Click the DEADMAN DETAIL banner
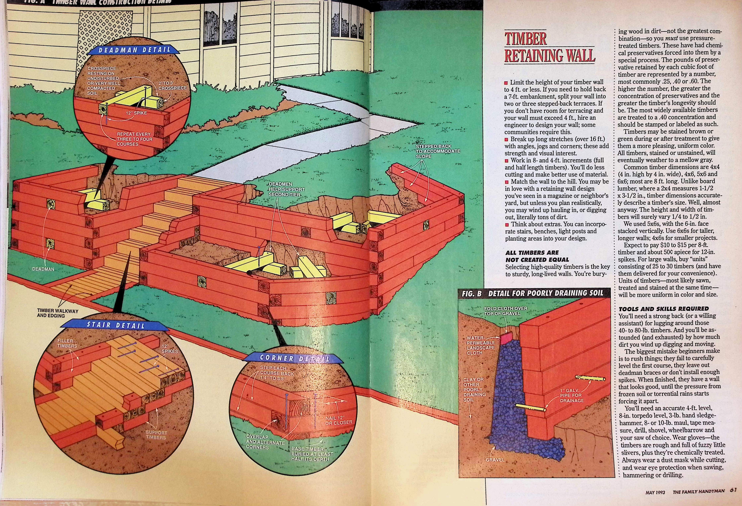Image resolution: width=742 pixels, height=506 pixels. click(134, 50)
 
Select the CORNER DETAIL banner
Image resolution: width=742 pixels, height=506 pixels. click(294, 358)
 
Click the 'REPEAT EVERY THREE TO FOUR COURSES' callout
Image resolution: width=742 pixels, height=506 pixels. click(134, 139)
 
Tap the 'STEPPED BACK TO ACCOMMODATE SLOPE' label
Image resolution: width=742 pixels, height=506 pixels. click(437, 151)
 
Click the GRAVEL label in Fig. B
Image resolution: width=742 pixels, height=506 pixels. click(495, 460)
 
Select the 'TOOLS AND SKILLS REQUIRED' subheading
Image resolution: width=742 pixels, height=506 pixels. click(663, 309)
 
